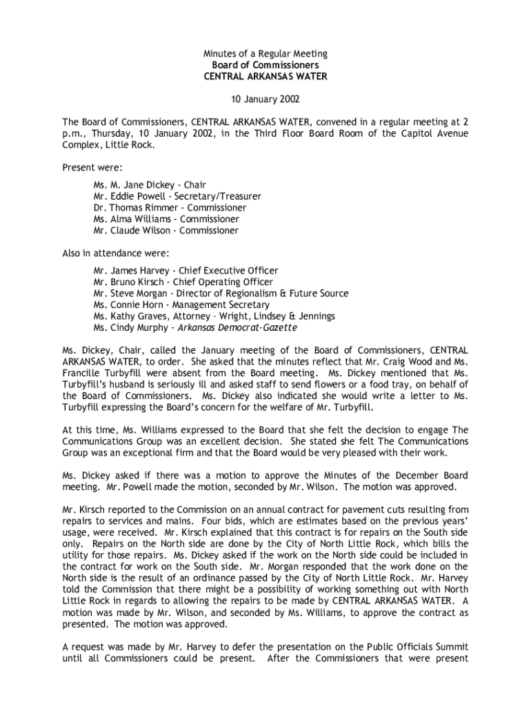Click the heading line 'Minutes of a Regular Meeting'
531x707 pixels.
click(x=265, y=53)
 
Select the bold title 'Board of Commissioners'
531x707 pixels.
click(x=265, y=65)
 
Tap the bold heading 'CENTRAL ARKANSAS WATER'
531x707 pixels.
click(x=265, y=76)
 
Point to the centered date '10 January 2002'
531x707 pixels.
click(x=265, y=99)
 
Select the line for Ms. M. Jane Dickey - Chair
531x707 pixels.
click(x=150, y=185)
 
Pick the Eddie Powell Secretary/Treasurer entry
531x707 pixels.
click(x=177, y=196)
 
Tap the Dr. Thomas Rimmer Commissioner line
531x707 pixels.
click(x=170, y=207)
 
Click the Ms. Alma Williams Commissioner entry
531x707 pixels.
click(x=166, y=219)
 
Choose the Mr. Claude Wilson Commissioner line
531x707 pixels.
click(x=166, y=230)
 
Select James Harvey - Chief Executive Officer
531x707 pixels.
click(x=186, y=271)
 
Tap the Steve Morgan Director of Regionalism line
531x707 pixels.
click(x=221, y=293)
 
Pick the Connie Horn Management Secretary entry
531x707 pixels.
click(x=181, y=304)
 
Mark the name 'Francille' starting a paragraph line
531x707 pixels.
click(x=81, y=373)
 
